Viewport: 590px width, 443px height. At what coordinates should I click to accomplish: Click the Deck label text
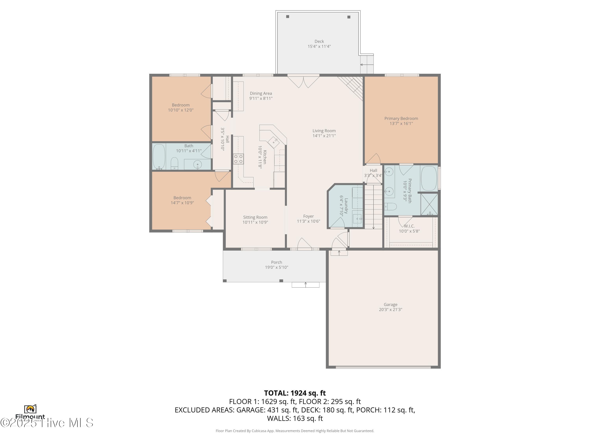coord(319,41)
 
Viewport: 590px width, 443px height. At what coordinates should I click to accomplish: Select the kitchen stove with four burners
coord(238,159)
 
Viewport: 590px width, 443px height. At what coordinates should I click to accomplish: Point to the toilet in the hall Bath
coord(174,163)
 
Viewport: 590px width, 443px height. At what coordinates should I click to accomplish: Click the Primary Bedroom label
coord(401,119)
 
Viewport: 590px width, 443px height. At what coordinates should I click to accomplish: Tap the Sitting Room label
coord(255,217)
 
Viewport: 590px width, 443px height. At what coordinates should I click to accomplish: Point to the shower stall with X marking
coord(429,204)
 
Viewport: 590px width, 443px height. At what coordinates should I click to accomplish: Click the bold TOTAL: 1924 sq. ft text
coord(295,393)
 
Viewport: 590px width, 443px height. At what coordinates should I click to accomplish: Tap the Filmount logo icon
coord(30,409)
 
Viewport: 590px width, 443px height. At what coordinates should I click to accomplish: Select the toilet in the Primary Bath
coord(391,206)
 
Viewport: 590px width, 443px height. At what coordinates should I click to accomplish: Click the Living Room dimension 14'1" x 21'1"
coord(324,136)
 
